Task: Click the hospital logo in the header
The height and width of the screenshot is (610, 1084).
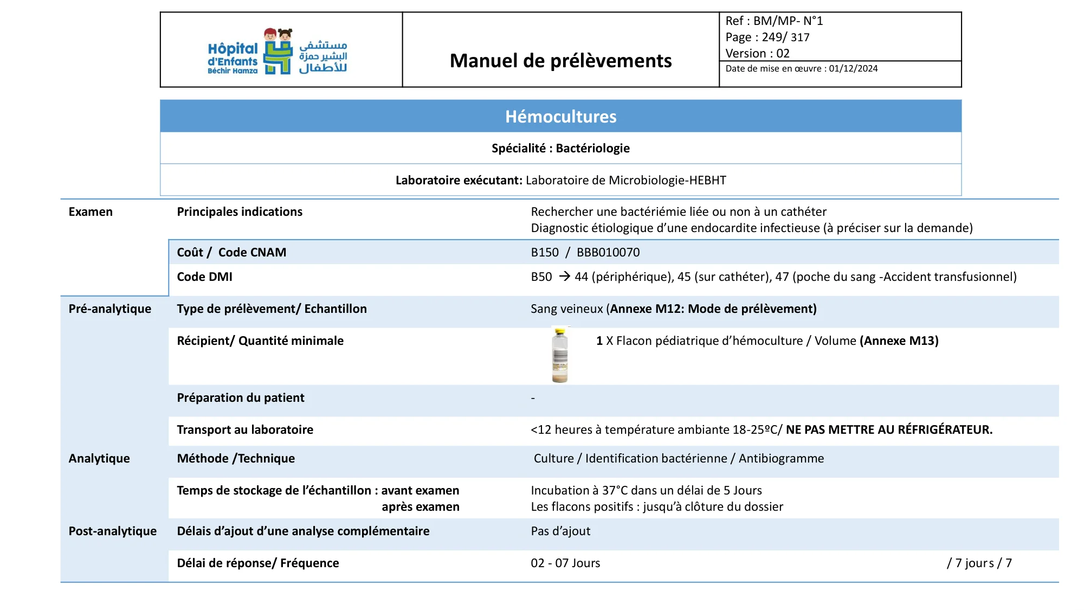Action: [x=278, y=52]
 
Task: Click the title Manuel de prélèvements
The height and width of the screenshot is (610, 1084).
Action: [x=560, y=61]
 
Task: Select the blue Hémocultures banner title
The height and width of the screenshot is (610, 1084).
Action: [x=560, y=117]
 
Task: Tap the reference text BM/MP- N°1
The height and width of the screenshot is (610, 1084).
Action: [x=788, y=21]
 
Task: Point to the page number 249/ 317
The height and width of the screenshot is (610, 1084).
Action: [x=785, y=37]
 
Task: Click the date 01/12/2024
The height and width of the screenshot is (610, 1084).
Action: [x=853, y=69]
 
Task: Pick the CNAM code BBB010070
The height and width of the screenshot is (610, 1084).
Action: [x=608, y=253]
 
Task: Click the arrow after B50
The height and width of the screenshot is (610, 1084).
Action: [x=564, y=277]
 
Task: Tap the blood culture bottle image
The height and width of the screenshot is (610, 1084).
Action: [x=560, y=355]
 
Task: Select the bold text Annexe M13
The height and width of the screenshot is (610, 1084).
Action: [x=899, y=341]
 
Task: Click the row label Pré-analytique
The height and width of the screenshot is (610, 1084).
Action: [x=110, y=309]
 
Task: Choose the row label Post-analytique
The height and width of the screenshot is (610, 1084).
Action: [x=112, y=531]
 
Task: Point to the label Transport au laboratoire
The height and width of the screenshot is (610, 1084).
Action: [x=245, y=430]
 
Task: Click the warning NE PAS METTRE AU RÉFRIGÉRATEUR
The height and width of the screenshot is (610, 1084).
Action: [x=889, y=430]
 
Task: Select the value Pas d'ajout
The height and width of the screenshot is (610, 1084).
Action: [x=560, y=531]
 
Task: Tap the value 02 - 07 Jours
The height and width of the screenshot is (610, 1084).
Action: [x=565, y=563]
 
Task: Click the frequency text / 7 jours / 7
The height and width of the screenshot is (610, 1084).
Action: [x=979, y=563]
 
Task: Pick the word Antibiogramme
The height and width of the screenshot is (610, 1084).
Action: [x=781, y=459]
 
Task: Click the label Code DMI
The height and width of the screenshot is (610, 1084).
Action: [x=204, y=277]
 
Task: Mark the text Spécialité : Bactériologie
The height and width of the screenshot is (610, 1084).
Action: [x=560, y=149]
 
